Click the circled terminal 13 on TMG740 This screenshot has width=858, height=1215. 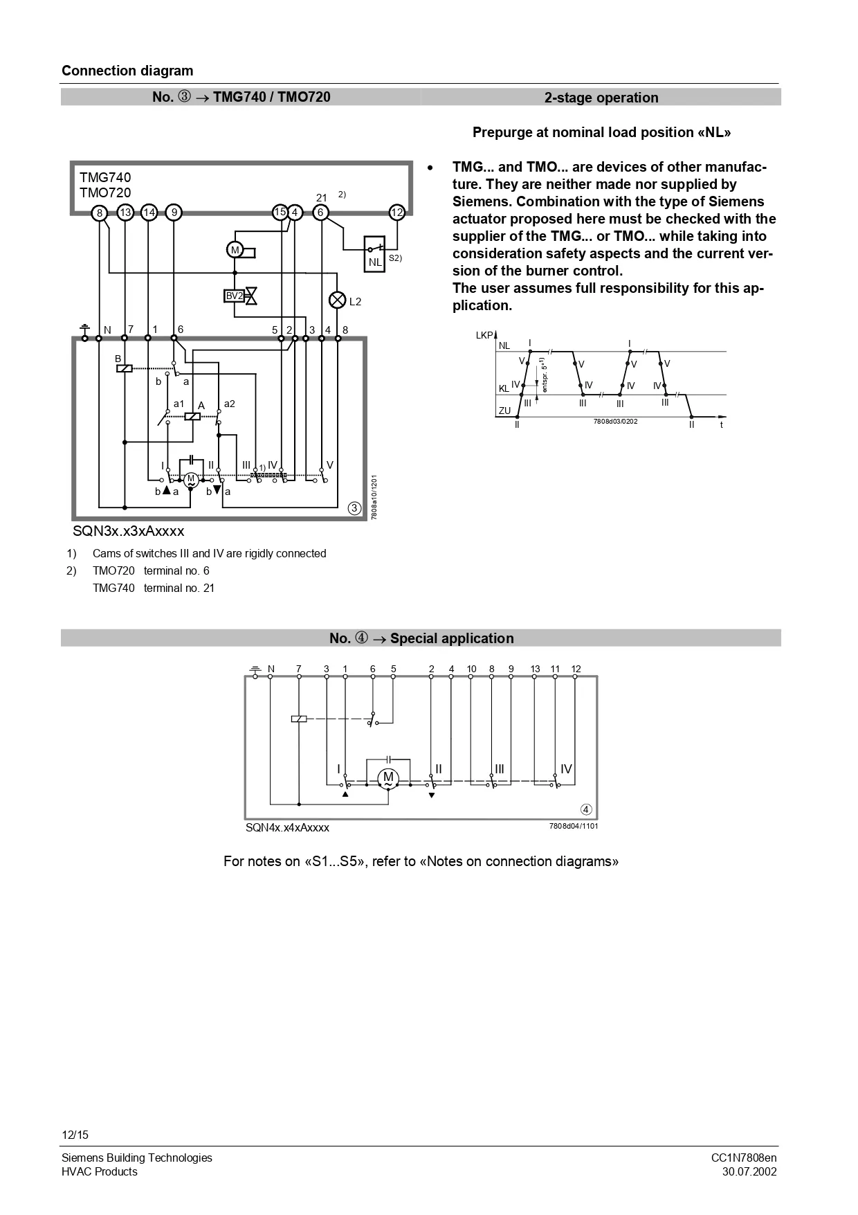pos(125,213)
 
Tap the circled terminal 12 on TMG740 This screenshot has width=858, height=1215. pos(396,213)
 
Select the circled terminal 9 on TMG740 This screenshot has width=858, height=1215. pos(174,213)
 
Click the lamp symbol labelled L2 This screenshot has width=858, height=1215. pos(337,300)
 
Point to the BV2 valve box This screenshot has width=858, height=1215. pos(235,296)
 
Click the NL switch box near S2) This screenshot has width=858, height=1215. pos(374,254)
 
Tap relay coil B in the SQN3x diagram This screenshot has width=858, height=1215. pos(124,368)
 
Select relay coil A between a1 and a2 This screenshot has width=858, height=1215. pos(192,416)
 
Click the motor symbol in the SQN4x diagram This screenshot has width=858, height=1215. pos(388,778)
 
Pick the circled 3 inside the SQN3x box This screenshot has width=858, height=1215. pos(354,508)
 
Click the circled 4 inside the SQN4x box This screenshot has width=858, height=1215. pos(586,809)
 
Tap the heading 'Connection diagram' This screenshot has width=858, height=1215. pos(127,71)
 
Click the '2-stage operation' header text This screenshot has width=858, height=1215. pos(601,98)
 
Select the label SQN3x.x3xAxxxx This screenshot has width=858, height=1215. pos(129,531)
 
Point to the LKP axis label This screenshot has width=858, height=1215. pos(484,335)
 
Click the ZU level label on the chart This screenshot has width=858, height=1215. pos(504,411)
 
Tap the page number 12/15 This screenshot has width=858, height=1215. pos(75,1135)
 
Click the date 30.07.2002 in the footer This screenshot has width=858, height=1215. pos(749,1171)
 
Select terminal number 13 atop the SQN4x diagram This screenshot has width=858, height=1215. pos(535,669)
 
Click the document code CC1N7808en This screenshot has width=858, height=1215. pos(744,1158)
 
